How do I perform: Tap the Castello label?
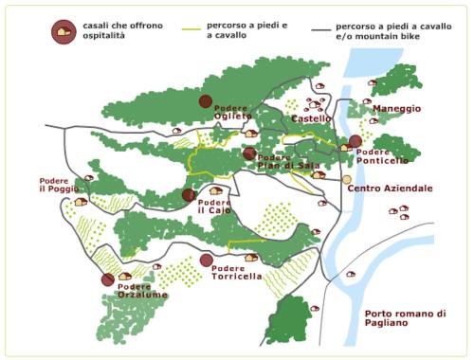click(x=311, y=118)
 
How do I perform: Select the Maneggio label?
click(x=396, y=109)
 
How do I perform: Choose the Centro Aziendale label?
click(x=390, y=189)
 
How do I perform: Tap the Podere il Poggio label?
click(x=59, y=185)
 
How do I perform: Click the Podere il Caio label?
click(x=214, y=206)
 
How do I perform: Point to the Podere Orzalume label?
click(x=143, y=291)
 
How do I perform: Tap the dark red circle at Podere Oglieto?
click(x=206, y=101)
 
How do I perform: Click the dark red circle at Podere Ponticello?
click(x=355, y=141)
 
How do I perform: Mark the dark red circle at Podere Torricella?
click(x=207, y=260)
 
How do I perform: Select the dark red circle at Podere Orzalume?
click(x=107, y=279)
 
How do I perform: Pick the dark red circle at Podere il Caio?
click(x=188, y=195)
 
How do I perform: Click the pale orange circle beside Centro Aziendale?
click(x=347, y=178)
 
